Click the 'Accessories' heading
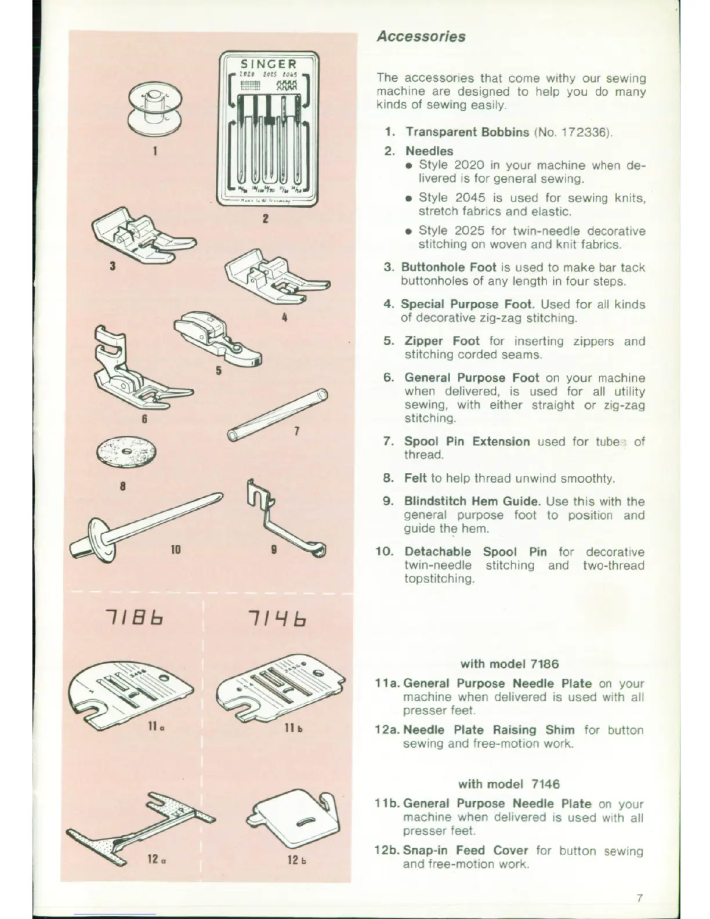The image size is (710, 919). point(421,37)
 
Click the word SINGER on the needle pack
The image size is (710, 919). point(268,64)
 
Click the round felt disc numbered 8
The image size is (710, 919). point(123,452)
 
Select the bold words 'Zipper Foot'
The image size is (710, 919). point(441,341)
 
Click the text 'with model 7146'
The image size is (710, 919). point(509,784)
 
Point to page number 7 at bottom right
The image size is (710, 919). point(639,898)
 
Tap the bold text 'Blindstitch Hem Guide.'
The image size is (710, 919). point(472,502)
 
